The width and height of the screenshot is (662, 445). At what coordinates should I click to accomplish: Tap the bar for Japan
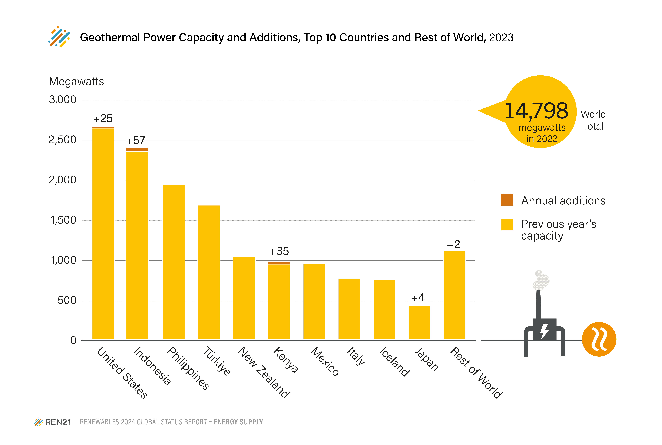(419, 322)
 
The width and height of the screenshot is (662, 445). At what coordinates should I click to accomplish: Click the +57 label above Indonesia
(136, 140)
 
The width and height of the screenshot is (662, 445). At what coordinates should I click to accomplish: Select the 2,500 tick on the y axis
(62, 140)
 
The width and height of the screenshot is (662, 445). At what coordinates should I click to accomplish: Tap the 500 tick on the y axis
(67, 301)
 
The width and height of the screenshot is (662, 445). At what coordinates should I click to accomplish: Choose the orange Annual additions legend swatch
(507, 200)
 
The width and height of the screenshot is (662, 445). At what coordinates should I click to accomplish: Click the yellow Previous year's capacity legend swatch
(507, 224)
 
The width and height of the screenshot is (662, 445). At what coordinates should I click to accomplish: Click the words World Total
(593, 120)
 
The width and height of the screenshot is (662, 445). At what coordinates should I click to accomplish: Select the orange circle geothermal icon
(599, 339)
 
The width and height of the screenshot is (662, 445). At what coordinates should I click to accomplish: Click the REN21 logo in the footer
(52, 422)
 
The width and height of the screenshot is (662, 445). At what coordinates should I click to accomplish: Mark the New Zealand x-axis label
(264, 372)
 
